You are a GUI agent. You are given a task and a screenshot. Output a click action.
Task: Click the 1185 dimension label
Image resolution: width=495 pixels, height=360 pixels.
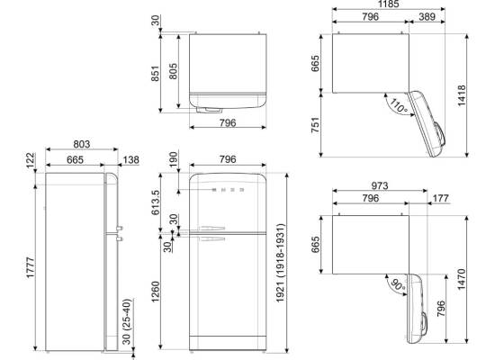click(x=388, y=4)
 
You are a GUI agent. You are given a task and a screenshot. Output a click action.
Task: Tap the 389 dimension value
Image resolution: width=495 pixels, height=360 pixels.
click(x=427, y=16)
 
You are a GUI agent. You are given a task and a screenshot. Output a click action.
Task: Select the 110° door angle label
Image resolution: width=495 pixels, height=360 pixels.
click(x=399, y=106)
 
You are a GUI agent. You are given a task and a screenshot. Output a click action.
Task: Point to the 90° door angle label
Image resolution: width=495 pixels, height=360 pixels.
click(x=398, y=284)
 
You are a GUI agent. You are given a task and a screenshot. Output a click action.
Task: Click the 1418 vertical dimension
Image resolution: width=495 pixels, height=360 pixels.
click(x=461, y=95)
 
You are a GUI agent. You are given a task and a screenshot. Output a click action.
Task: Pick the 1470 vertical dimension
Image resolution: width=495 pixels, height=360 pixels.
click(x=461, y=279)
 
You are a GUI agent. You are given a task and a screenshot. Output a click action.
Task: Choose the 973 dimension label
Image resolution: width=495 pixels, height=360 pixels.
click(x=379, y=185)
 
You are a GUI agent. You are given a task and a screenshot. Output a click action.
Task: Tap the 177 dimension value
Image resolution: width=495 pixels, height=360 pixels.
click(x=440, y=198)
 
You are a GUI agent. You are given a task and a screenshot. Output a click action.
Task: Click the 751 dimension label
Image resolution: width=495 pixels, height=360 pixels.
click(x=315, y=125)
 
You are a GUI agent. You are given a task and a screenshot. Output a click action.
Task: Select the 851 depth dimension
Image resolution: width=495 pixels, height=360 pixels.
click(x=155, y=73)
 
